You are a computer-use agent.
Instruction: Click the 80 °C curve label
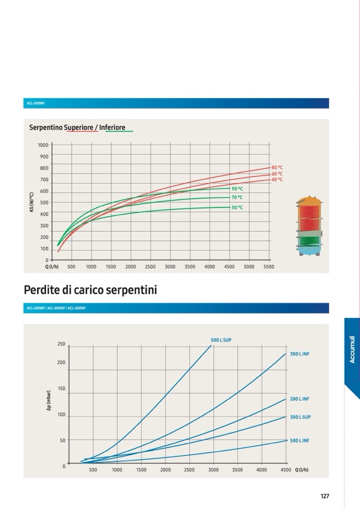coord(277,167)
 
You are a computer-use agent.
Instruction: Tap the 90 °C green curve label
coord(237,188)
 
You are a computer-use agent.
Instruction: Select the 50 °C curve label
coord(237,208)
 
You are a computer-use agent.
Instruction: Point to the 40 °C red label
coord(277,179)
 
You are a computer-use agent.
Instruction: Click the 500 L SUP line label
coord(221,340)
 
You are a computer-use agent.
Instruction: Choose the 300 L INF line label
coord(299,353)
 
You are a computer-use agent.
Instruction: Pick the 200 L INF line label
coord(299,399)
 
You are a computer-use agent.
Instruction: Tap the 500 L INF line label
coord(299,441)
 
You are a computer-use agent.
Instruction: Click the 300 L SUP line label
coord(300,417)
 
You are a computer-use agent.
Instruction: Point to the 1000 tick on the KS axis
coord(43,145)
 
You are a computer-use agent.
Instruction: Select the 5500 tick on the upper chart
coord(269,267)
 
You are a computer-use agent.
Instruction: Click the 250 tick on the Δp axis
coord(61,344)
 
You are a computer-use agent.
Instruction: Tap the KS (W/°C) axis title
coord(32,203)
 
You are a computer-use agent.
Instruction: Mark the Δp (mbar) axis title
coord(48,401)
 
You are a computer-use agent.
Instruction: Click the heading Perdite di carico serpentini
coord(90,290)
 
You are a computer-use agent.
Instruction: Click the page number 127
coord(324,496)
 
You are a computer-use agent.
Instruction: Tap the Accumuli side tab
coord(352,350)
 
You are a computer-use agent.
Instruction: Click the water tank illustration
coord(309,226)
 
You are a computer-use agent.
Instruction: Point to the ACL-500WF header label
coord(36,103)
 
